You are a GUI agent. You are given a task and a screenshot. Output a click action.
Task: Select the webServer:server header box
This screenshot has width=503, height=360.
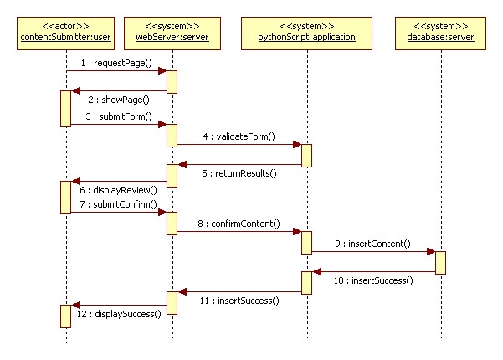172,32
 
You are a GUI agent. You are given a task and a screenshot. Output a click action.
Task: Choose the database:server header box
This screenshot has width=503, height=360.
439,32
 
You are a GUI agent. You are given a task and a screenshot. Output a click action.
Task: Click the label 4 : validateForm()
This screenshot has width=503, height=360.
239,136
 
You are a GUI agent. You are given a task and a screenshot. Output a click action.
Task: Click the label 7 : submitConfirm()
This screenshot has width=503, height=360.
118,204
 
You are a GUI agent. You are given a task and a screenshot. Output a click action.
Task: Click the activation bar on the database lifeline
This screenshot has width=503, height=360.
440,262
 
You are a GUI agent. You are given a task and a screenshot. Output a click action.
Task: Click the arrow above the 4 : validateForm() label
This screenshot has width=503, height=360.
239,145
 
